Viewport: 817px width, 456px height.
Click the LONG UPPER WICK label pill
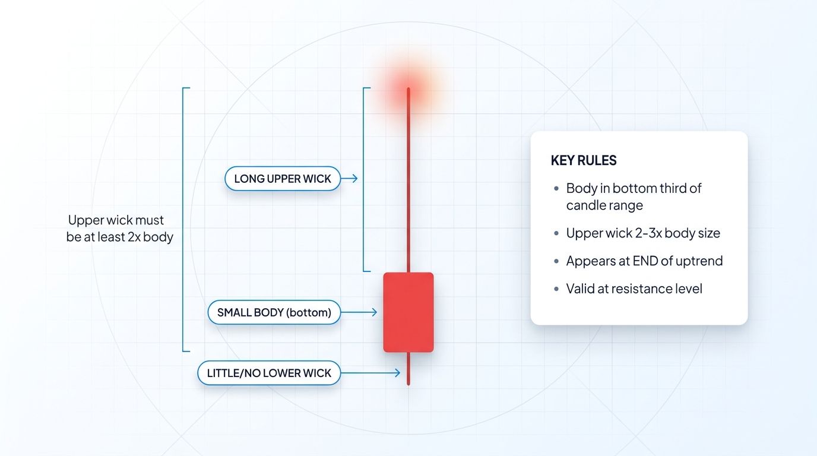[283, 179]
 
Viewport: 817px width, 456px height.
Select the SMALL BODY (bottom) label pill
[274, 312]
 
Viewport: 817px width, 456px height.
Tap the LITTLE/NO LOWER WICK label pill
[269, 373]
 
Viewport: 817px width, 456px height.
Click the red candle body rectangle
[408, 312]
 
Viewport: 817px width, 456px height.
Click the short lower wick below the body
[408, 369]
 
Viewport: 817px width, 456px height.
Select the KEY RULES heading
[584, 160]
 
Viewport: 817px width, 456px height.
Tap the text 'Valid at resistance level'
[634, 289]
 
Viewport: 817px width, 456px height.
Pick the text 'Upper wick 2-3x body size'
[643, 233]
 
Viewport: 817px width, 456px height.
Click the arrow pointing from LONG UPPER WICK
[350, 178]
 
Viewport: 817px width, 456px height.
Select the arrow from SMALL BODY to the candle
[360, 312]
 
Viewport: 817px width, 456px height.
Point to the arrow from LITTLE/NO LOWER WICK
[371, 373]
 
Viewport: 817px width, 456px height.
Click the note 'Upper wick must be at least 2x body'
[120, 229]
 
